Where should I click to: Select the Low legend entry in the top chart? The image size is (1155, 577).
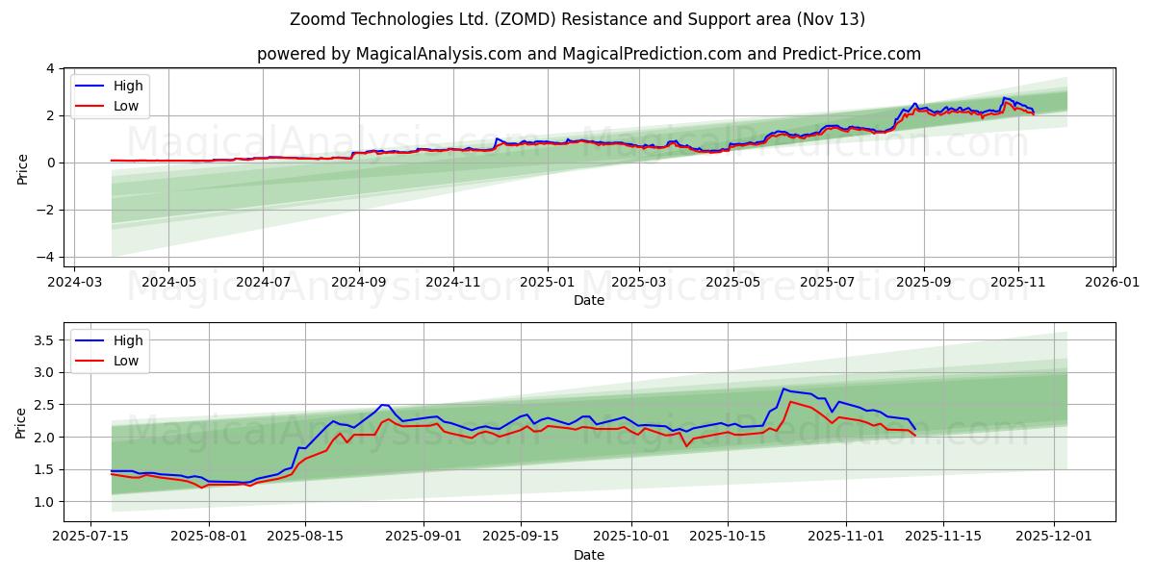click(x=126, y=106)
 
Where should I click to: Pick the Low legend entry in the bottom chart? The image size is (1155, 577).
click(x=126, y=361)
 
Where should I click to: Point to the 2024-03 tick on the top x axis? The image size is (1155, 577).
click(x=74, y=282)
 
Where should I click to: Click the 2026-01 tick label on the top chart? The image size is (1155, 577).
click(x=1114, y=282)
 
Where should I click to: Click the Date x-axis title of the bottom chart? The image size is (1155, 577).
click(x=588, y=555)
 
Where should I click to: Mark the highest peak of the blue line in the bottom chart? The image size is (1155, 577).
click(x=783, y=389)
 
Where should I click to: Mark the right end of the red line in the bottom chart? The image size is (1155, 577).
click(x=915, y=436)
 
